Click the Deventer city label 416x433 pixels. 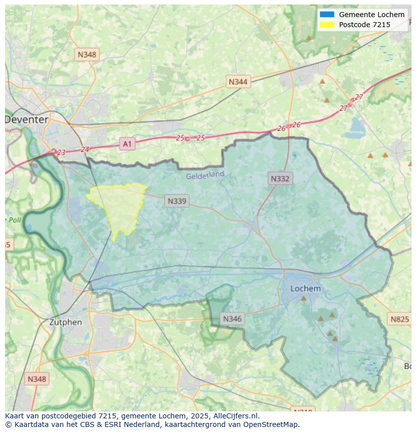(x=27, y=120)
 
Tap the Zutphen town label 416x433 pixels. (x=65, y=322)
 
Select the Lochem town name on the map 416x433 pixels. (x=305, y=289)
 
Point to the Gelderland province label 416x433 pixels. (x=205, y=176)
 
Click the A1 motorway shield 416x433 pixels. (x=127, y=144)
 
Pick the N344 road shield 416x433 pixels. (x=238, y=81)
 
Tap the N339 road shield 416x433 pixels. (x=177, y=201)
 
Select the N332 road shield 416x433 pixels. (x=280, y=178)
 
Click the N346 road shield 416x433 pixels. (x=232, y=319)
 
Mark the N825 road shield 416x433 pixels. (x=399, y=319)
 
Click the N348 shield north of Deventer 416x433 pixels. (x=87, y=54)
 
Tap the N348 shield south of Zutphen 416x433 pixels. (x=37, y=379)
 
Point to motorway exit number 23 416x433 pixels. (x=61, y=152)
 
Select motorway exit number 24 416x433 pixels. (x=84, y=149)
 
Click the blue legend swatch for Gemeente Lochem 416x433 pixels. (x=327, y=15)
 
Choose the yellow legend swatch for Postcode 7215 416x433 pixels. (x=327, y=25)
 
